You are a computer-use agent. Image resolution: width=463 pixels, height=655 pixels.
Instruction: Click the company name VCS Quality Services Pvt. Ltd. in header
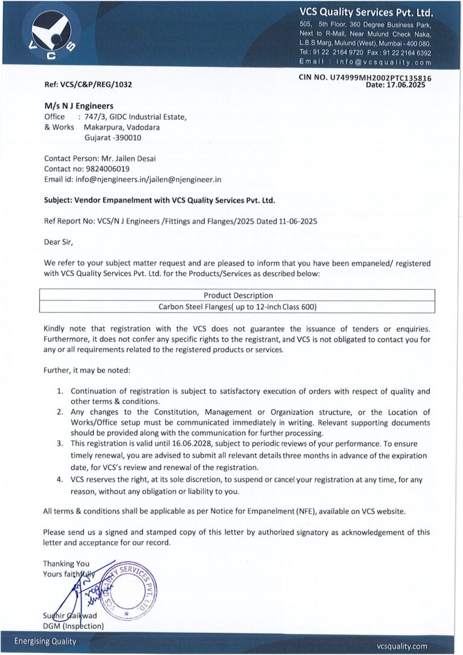[366, 12]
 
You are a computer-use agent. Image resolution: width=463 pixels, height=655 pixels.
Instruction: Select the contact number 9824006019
[107, 169]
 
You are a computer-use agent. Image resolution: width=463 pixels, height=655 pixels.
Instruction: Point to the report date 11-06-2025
[295, 221]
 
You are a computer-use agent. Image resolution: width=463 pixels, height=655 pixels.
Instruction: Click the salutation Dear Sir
[58, 242]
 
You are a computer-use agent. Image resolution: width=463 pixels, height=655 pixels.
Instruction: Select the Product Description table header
[238, 295]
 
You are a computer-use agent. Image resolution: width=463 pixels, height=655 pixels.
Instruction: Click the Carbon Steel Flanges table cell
[238, 307]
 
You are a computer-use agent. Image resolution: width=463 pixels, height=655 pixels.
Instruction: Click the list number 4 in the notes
[60, 480]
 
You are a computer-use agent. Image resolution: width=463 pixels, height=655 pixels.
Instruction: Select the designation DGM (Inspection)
[74, 626]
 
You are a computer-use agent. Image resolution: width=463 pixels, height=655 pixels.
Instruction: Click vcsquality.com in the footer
[402, 645]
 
